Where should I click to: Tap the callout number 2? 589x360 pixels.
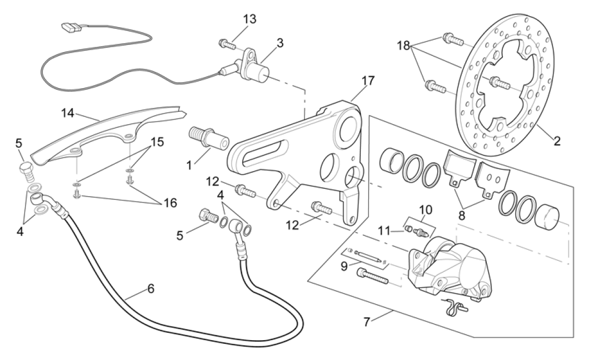tap(557, 141)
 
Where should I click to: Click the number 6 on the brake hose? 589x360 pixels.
tap(150, 287)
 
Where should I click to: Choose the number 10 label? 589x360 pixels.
tap(426, 210)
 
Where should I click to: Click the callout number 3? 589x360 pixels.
tap(280, 43)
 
